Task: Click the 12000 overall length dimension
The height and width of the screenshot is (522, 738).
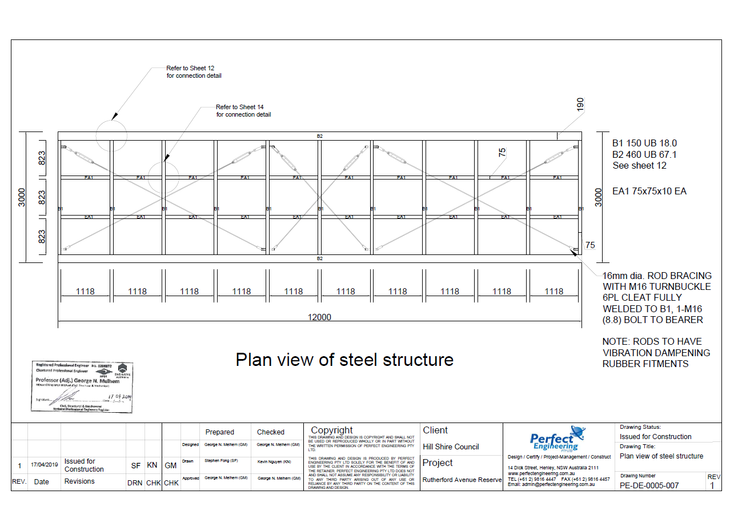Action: [x=319, y=317]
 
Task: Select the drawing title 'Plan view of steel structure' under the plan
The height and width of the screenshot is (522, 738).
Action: [x=344, y=360]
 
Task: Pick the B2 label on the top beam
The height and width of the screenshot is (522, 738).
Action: [x=320, y=136]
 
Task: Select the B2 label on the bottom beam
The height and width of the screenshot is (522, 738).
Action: [x=320, y=258]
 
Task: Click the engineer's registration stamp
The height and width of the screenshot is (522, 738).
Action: [x=83, y=386]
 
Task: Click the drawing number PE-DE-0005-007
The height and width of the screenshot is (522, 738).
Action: [x=649, y=485]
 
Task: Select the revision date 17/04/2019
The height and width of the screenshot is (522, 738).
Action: [x=45, y=465]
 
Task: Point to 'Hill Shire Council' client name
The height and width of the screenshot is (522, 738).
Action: [x=451, y=447]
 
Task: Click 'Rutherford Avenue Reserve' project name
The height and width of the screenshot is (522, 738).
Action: [x=462, y=480]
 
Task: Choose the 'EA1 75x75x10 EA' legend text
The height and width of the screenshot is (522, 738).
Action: [x=649, y=191]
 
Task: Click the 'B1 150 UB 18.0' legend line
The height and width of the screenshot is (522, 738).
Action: [x=644, y=143]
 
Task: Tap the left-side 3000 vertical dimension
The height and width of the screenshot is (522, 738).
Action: [x=22, y=197]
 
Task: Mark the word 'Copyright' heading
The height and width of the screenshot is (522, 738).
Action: [x=332, y=430]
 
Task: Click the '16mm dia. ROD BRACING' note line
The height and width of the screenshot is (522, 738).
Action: [x=657, y=276]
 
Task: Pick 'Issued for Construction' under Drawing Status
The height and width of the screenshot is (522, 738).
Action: [x=655, y=436]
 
